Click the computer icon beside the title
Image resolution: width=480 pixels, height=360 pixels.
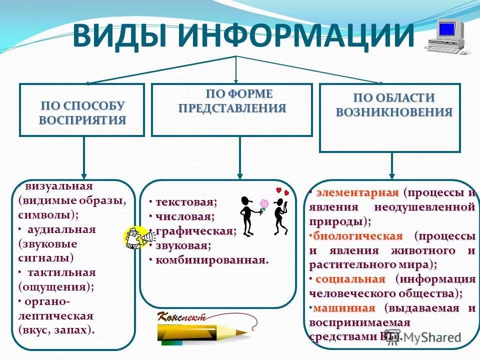pyautogui.click(x=448, y=36)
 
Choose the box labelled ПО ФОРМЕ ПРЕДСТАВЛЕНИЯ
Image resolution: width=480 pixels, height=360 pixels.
pyautogui.click(x=232, y=109)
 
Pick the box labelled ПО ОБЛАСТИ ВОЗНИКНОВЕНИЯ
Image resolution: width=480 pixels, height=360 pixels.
pyautogui.click(x=389, y=117)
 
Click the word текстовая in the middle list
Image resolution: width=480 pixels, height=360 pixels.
pyautogui.click(x=185, y=202)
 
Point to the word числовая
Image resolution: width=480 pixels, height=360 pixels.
pyautogui.click(x=184, y=216)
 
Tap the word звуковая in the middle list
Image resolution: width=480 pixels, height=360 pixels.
pyautogui.click(x=182, y=245)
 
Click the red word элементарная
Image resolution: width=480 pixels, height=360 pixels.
pyautogui.click(x=357, y=192)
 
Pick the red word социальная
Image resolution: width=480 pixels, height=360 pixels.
pyautogui.click(x=350, y=279)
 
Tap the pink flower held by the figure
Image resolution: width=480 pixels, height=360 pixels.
pyautogui.click(x=264, y=203)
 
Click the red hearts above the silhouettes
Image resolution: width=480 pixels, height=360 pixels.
pyautogui.click(x=282, y=191)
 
